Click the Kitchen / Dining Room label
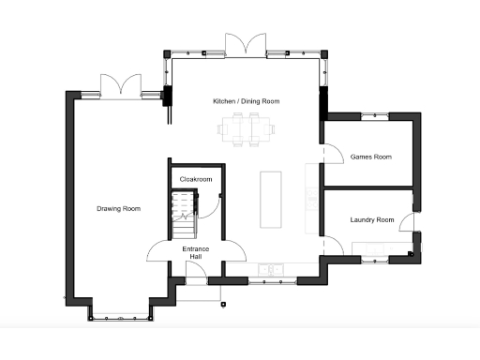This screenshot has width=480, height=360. (x=246, y=101)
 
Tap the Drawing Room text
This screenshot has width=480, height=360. (x=118, y=208)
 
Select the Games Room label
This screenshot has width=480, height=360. (x=370, y=157)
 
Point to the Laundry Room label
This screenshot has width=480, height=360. (x=372, y=220)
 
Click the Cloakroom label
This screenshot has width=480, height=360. (x=196, y=179)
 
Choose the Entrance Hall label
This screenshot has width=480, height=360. (x=196, y=253)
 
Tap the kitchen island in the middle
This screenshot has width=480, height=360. (x=271, y=200)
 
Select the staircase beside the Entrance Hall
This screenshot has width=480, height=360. (x=185, y=216)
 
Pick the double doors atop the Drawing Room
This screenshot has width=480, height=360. (x=122, y=85)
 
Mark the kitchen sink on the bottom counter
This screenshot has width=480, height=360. (x=274, y=270)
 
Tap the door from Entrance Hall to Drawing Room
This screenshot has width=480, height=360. (x=158, y=253)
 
